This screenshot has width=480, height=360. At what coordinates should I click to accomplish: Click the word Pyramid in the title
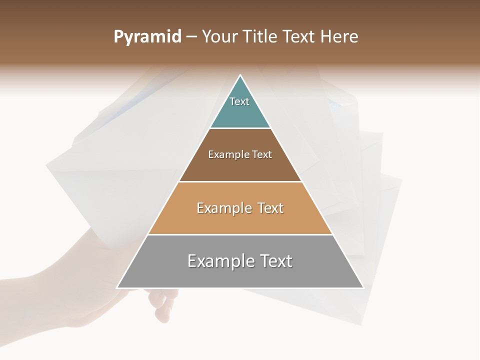coord(147,37)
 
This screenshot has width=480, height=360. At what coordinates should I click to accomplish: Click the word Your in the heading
coord(219,36)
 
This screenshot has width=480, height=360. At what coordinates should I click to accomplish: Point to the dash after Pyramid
coord(191,37)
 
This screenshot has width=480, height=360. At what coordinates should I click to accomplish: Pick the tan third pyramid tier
coord(240,220)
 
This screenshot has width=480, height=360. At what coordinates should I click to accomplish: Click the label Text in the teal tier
coord(239,101)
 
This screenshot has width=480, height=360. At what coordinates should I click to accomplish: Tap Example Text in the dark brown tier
coord(240,154)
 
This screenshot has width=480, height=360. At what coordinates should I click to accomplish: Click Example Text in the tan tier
coord(240,208)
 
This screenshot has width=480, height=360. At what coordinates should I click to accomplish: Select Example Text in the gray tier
coord(240,261)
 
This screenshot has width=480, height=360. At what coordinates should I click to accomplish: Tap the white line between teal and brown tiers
coord(240,128)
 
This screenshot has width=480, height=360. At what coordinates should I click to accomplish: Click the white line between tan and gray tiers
coord(240,234)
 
